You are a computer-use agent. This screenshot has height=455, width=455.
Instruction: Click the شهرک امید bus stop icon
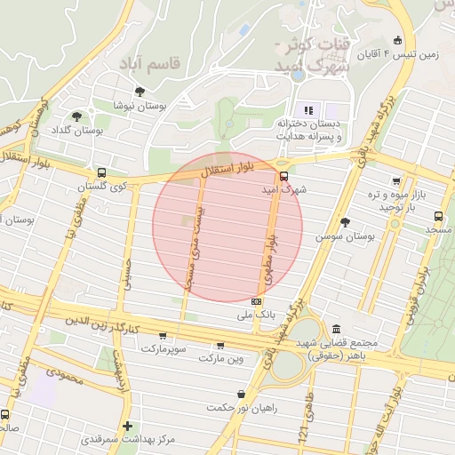tap(283, 176)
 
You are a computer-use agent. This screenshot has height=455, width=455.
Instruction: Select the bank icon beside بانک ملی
tap(257, 301)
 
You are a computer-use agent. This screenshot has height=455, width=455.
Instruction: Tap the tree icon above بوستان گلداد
tap(76, 116)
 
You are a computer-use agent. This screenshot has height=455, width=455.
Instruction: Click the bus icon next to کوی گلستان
tap(101, 173)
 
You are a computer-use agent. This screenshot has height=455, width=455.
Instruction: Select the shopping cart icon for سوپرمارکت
tap(163, 336)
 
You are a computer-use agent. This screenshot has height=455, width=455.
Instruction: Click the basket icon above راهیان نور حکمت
tap(241, 394)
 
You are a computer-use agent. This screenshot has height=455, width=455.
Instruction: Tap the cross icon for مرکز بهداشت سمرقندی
tap(128, 426)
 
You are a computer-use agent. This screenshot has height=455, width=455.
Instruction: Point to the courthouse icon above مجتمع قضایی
tap(336, 328)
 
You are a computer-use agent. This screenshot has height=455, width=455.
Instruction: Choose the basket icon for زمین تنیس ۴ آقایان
tap(396, 39)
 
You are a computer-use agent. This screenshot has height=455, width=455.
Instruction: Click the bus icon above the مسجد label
tap(438, 216)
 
